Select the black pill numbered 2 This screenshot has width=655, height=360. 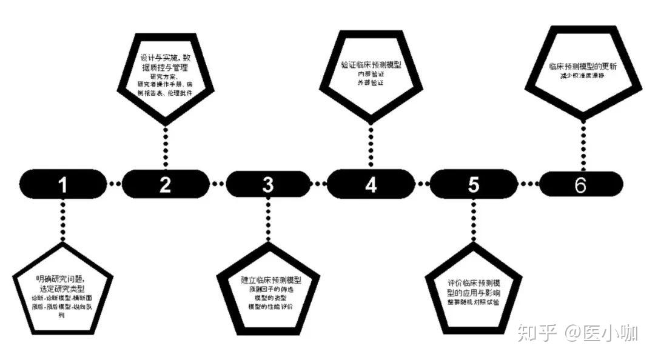pos(166,184)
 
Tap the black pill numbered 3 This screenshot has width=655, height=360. pos(268,184)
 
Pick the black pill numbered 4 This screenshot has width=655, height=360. pos(370,183)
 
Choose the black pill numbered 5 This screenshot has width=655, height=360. pos(473,184)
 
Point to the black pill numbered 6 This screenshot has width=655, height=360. pos(580,184)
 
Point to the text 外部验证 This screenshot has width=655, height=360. pos(371,82)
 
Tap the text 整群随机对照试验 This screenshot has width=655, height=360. pos(473,302)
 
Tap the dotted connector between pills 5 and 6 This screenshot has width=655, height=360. pos(527,183)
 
